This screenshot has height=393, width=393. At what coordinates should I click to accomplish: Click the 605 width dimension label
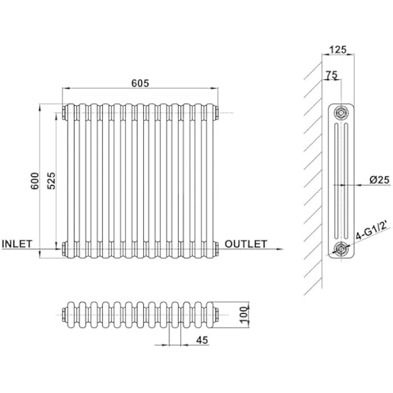point(140,83)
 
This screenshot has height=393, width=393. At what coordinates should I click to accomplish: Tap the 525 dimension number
point(51,180)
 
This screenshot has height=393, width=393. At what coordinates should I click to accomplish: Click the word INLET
point(17,244)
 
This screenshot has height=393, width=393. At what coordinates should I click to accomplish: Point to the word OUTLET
point(246,244)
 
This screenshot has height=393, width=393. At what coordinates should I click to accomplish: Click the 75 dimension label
point(331,75)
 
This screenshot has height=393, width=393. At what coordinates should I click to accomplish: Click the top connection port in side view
point(343,112)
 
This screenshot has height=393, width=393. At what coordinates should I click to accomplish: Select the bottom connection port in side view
point(343,250)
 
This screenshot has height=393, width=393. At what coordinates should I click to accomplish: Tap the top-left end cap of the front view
point(63,112)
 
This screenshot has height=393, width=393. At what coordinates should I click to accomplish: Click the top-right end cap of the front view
point(217,112)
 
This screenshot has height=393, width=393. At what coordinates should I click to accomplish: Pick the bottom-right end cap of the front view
point(217,249)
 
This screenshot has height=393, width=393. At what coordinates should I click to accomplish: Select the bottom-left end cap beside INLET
point(63,249)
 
